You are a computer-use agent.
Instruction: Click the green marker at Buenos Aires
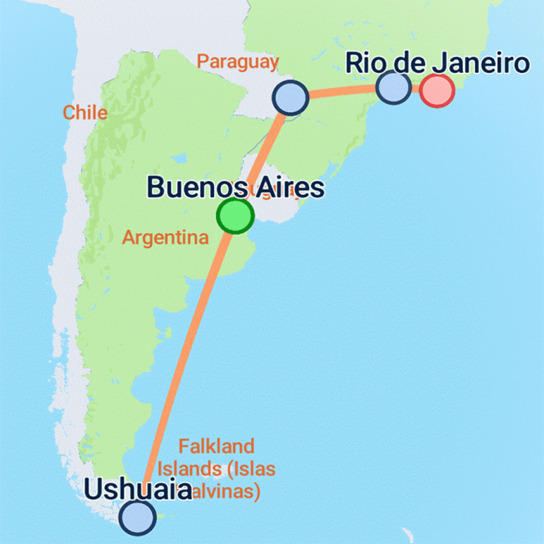[x=235, y=215]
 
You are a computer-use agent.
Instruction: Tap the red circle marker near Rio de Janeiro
[x=437, y=91]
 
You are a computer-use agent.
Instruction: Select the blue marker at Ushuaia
[x=138, y=517]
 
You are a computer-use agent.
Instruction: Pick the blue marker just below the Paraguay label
[x=290, y=98]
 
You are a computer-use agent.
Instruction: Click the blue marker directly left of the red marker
[x=393, y=86]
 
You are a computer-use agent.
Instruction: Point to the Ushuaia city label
[x=138, y=490]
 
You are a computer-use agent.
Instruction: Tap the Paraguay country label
[x=237, y=62]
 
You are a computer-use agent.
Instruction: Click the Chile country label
[x=85, y=113]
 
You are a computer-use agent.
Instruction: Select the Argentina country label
[x=165, y=237]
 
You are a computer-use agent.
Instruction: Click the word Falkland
[x=216, y=446]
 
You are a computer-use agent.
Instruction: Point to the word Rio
[x=365, y=64]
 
